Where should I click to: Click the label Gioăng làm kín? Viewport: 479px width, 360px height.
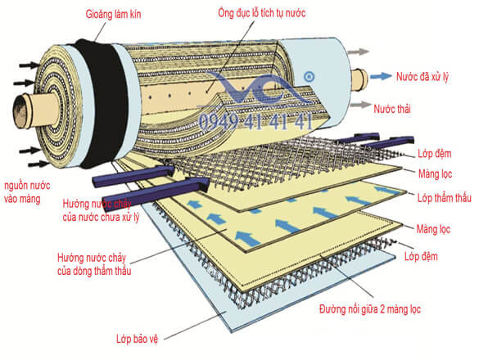point(113,15)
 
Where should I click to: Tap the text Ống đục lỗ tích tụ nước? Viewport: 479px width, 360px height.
point(262,13)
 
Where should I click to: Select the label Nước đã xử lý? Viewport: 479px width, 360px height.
point(423,77)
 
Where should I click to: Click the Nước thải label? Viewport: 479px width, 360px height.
point(392,109)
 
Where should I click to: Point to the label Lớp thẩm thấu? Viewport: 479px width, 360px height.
point(445,198)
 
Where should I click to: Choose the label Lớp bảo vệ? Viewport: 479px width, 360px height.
point(138,339)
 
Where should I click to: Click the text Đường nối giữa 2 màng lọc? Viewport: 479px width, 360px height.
point(370,309)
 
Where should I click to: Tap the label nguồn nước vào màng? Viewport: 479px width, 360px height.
point(27,192)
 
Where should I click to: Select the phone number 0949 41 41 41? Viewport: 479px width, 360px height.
point(255,122)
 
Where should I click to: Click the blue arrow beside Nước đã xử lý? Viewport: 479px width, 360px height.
point(381,76)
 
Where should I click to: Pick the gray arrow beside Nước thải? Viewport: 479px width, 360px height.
point(360,105)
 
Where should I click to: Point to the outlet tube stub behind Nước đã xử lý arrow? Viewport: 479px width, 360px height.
point(359,80)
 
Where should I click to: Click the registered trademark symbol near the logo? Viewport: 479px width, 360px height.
point(310,76)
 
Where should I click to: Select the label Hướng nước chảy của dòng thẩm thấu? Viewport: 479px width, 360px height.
point(94,264)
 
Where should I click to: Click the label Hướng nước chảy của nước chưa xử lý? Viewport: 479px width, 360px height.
point(101,210)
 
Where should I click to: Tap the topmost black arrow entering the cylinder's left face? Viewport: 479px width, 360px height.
point(29,65)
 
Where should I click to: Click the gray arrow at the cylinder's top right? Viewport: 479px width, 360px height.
point(359,52)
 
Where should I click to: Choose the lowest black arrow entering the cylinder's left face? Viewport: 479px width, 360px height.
point(38,164)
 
